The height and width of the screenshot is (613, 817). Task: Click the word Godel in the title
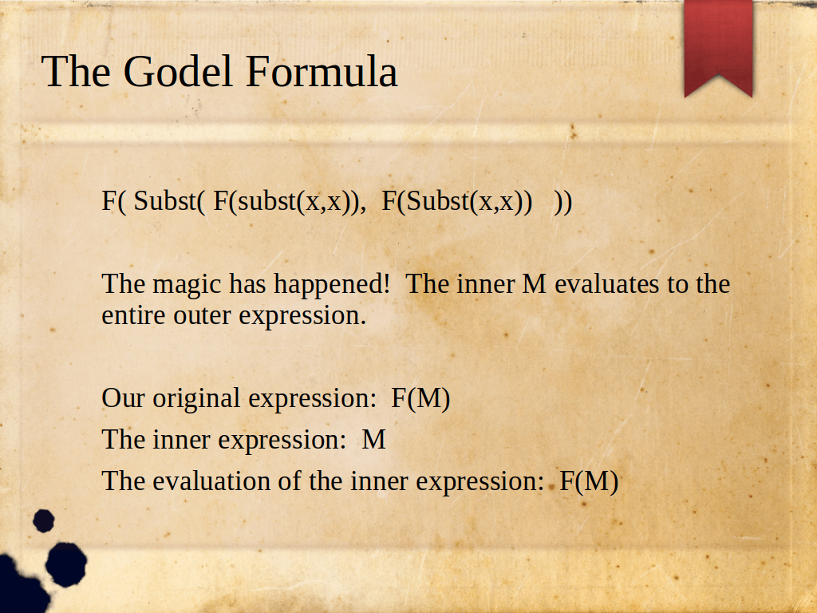point(177,71)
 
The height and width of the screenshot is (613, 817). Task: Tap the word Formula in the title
point(322,71)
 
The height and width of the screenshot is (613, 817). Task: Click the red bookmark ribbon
point(719,48)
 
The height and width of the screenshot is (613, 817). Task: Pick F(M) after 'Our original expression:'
point(420,399)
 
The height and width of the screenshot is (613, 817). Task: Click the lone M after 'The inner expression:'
point(374,440)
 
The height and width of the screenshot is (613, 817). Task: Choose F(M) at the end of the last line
point(589,481)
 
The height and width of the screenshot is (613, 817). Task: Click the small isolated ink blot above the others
point(44,520)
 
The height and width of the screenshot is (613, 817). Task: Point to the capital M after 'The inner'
point(534,285)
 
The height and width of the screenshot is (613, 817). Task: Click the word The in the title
point(76,71)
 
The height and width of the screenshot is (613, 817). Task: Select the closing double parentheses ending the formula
point(563,202)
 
